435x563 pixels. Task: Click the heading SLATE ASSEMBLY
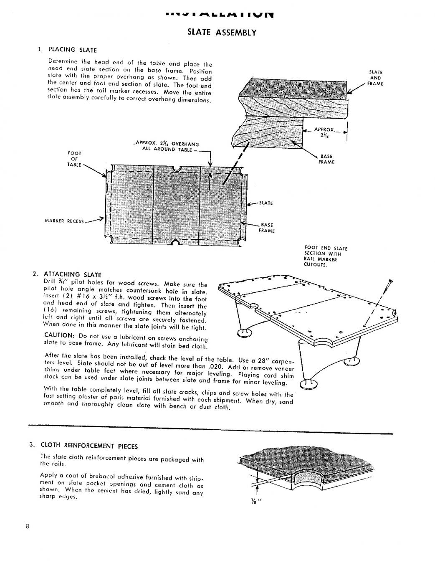pos(221,32)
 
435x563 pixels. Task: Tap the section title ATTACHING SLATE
pos(73,274)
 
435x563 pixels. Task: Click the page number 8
pos(28,526)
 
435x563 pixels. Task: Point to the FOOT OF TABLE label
pos(74,159)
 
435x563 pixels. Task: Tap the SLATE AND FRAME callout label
pos(376,78)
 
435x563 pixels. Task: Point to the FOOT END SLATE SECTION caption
pos(326,256)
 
